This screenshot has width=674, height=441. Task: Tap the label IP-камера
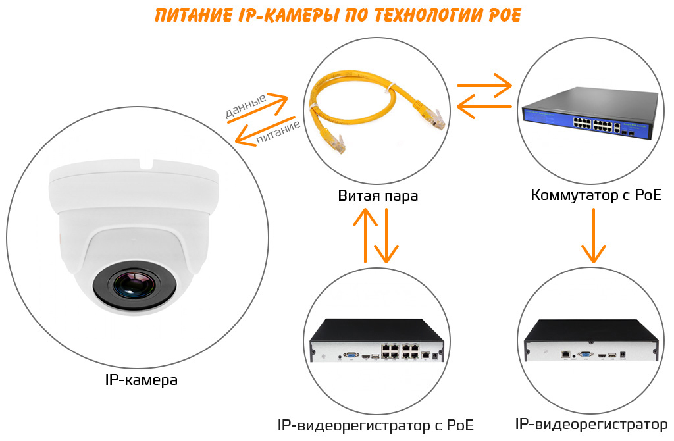[141, 380]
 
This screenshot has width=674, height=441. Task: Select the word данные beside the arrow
[246, 107]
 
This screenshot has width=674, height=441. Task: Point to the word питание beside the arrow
[278, 132]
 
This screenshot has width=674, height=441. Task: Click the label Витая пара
[378, 195]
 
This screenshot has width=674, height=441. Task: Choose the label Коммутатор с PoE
[596, 195]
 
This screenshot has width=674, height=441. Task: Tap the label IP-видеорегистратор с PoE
[375, 425]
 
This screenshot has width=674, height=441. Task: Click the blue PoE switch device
[590, 113]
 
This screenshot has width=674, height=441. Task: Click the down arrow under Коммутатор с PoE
[594, 236]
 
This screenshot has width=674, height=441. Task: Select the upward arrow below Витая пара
[365, 235]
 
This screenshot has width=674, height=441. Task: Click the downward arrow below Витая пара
[386, 236]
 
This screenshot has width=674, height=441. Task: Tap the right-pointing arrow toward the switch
[484, 85]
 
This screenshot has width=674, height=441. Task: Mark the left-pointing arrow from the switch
[484, 106]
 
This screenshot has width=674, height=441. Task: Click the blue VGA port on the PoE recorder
[351, 355]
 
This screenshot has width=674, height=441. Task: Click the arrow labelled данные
[258, 107]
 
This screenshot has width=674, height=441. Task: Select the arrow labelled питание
[265, 131]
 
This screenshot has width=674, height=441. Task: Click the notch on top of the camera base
[147, 164]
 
